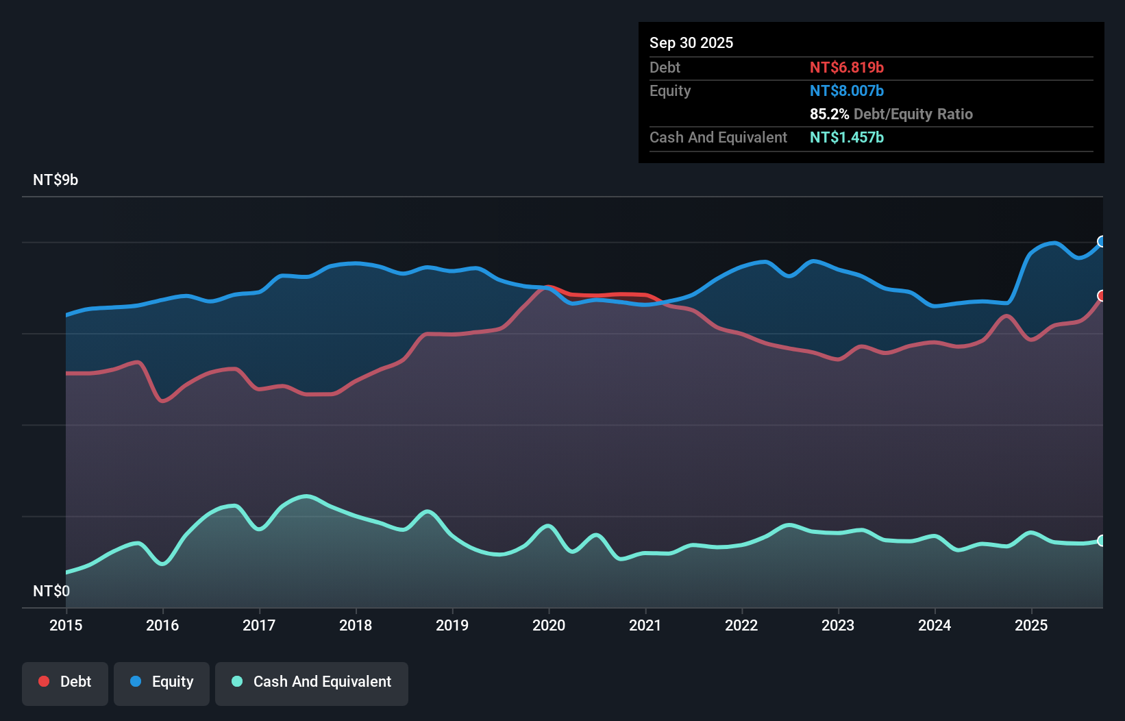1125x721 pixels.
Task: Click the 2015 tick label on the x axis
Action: click(66, 625)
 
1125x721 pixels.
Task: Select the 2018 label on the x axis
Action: click(356, 625)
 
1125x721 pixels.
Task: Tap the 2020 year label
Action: click(549, 625)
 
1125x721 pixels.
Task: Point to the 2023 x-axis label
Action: click(838, 625)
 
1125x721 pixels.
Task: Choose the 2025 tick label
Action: click(1031, 625)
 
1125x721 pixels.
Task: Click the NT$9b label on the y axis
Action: click(55, 180)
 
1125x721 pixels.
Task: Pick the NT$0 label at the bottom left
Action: click(51, 591)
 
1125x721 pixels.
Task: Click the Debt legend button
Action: click(65, 682)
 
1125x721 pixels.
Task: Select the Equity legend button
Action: click(162, 682)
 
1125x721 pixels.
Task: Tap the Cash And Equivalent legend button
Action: click(312, 682)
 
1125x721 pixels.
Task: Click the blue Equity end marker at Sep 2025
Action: click(1102, 241)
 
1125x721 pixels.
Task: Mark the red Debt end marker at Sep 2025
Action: click(1102, 295)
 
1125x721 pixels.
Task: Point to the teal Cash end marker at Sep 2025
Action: click(1102, 541)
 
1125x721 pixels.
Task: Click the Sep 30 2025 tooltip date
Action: click(691, 42)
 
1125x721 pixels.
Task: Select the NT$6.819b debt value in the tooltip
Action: click(847, 67)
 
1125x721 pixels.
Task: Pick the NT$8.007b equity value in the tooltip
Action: click(847, 90)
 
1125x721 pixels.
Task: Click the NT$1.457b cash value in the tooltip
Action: click(847, 137)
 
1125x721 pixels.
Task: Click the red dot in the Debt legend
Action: click(44, 681)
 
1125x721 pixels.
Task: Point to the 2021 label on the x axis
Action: click(645, 625)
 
